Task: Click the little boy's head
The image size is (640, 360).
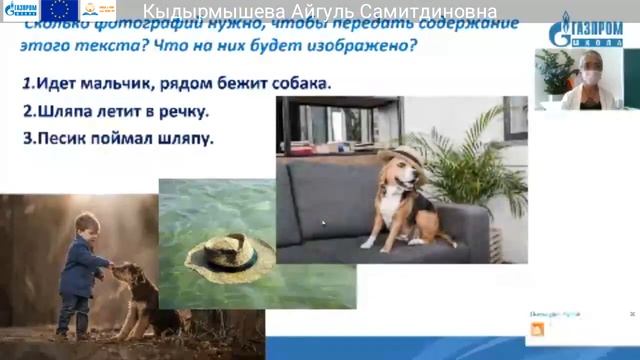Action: pos(86,226)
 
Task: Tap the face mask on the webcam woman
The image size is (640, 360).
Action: pos(590,78)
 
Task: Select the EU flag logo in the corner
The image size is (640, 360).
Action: pos(61,11)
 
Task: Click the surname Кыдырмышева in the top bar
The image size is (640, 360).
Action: pos(209,11)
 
